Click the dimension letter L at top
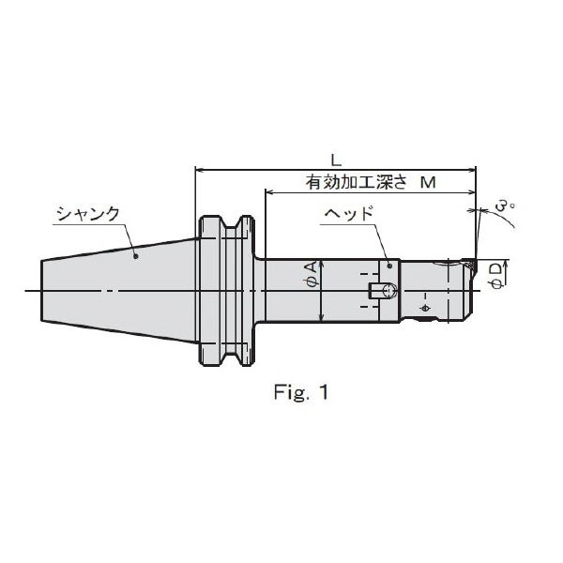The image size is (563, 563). (336, 160)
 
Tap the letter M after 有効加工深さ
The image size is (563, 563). (428, 183)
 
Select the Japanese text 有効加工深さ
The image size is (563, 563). (357, 182)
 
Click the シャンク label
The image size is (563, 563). (88, 214)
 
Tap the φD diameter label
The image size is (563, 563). (497, 275)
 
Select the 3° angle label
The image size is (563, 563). (505, 207)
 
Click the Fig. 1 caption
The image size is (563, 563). (301, 392)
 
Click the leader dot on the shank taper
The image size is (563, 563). (136, 256)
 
